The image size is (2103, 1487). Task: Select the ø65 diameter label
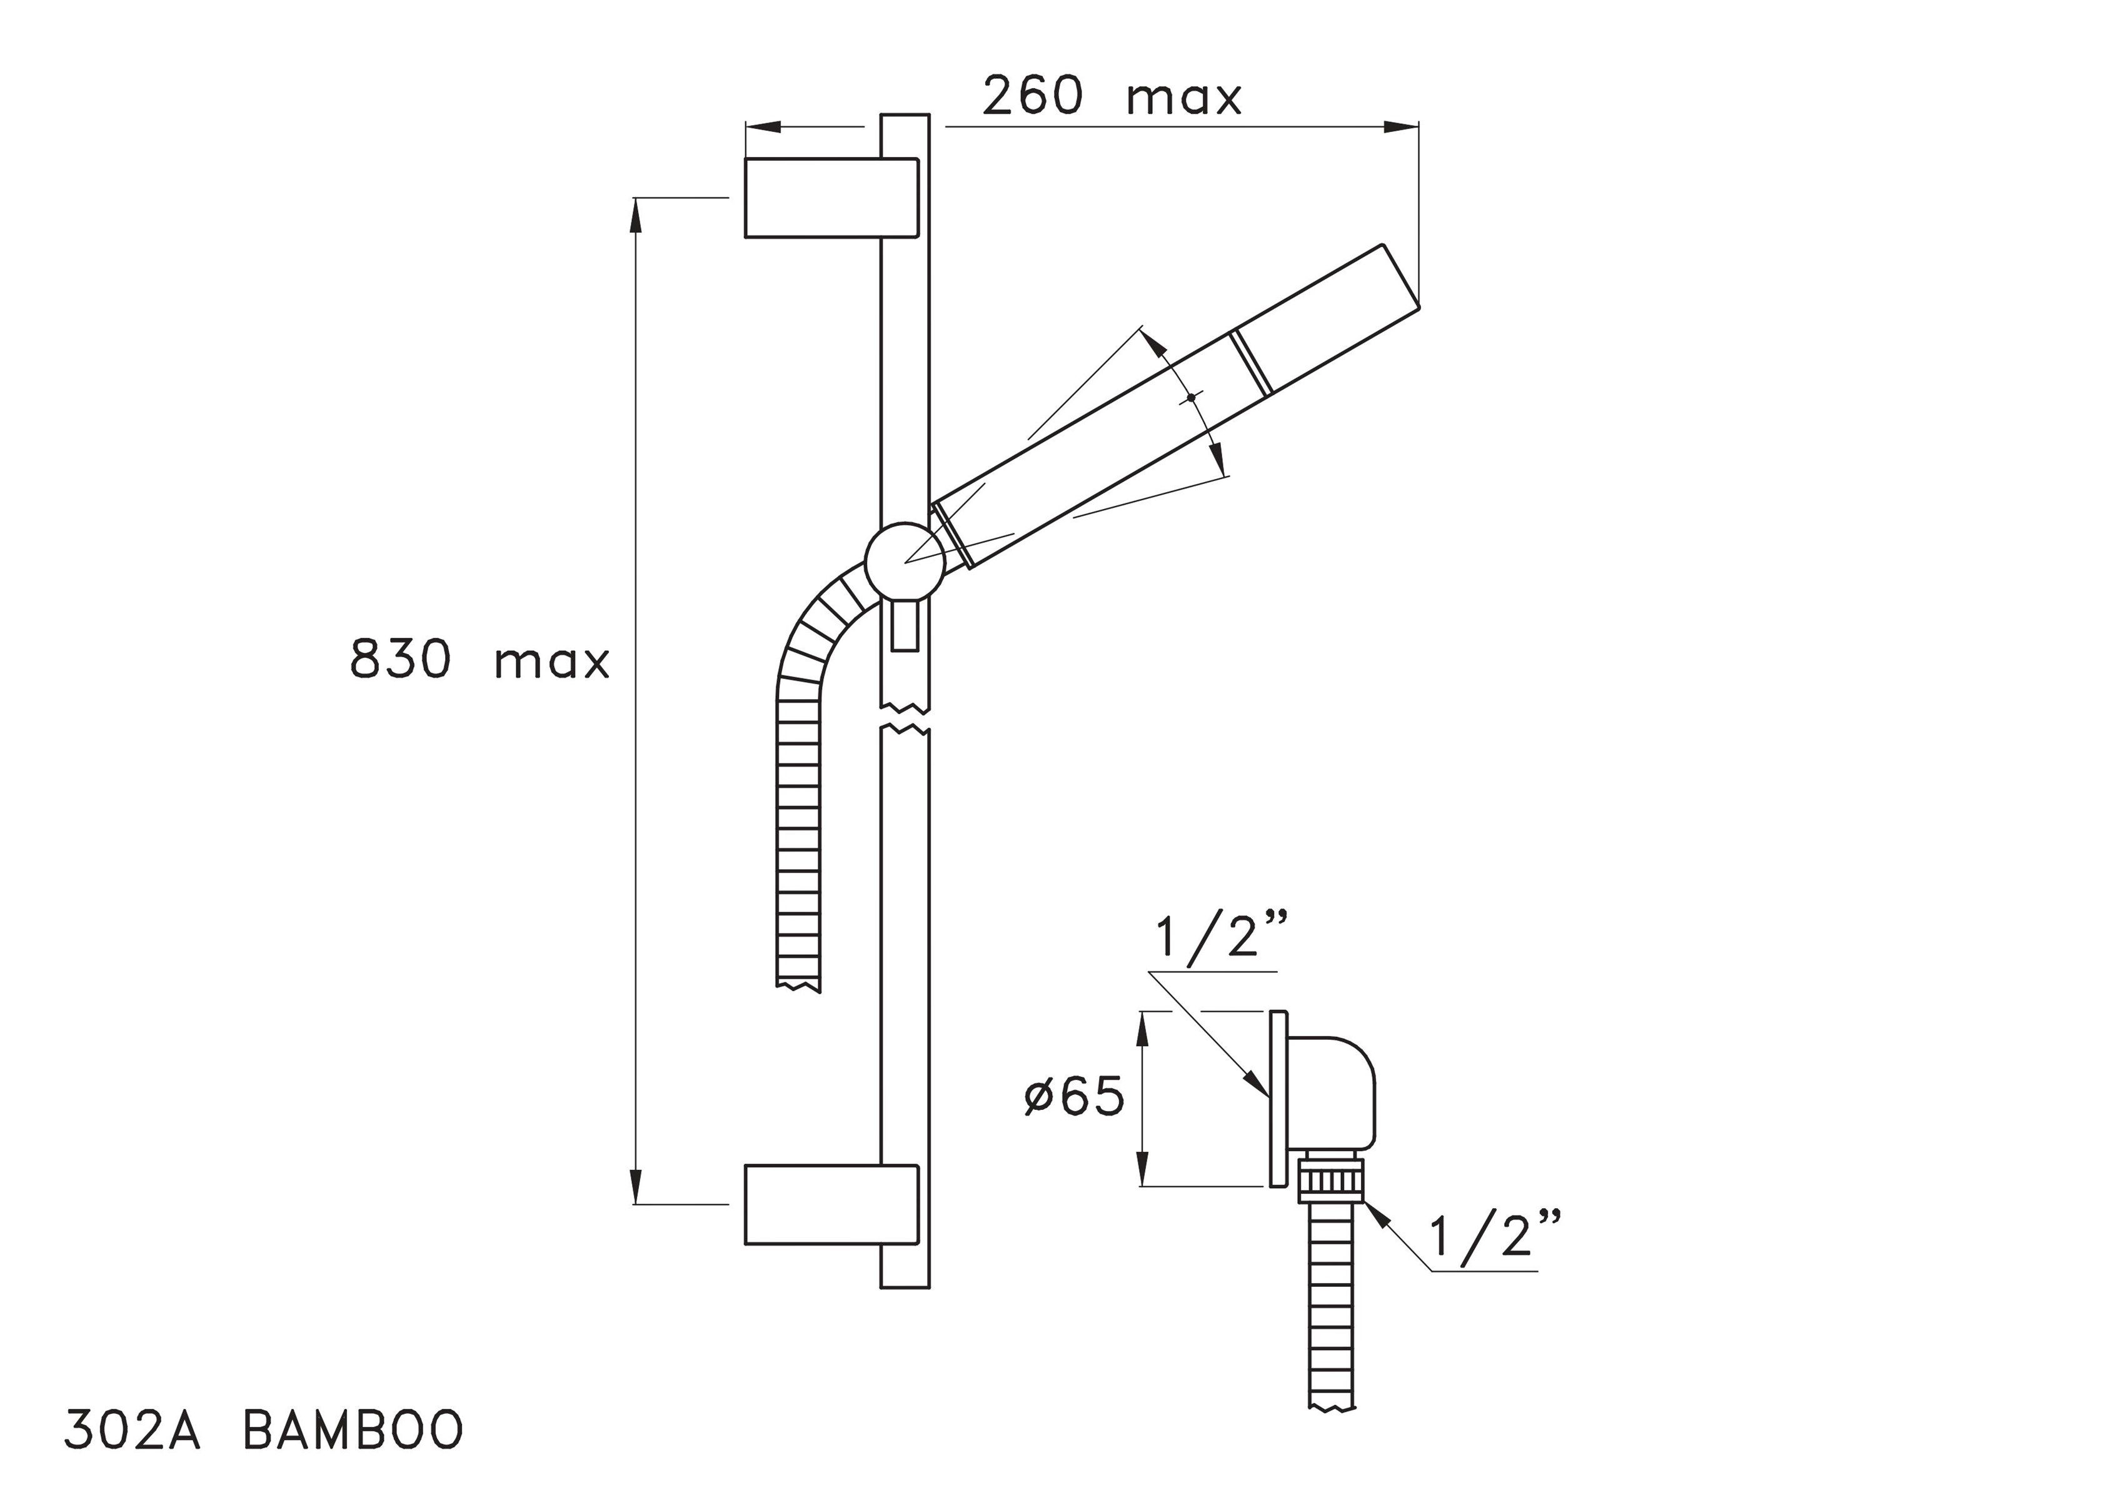(1073, 1097)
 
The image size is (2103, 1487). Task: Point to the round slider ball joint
(905, 562)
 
